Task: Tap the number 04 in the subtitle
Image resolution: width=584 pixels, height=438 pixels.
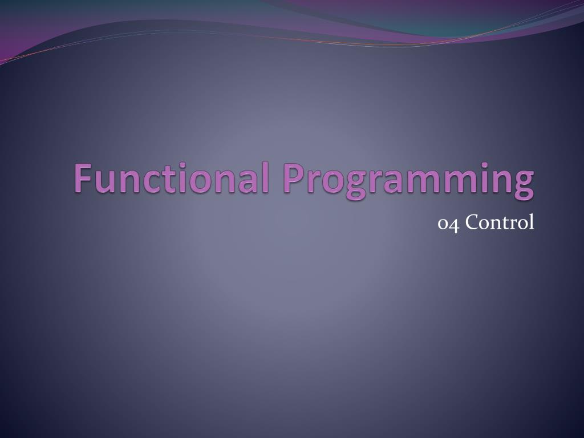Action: coord(448,224)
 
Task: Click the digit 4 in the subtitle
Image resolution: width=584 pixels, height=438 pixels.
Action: coord(453,224)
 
